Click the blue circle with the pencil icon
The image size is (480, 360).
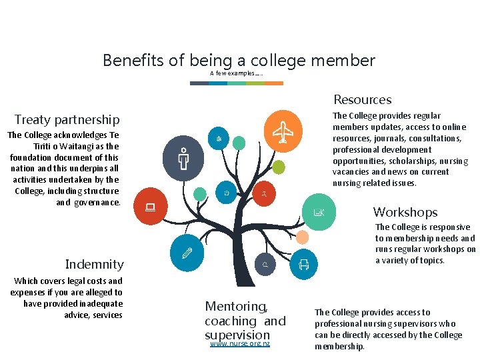[187, 253]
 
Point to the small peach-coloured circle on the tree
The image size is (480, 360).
[302, 237]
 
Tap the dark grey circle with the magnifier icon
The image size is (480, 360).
[265, 265]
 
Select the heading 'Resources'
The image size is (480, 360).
[362, 100]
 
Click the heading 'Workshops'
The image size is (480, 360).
[405, 213]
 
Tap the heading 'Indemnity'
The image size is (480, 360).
[94, 265]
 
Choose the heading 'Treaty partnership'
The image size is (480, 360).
[67, 120]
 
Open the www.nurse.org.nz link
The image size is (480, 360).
[240, 344]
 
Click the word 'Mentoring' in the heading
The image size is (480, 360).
[235, 307]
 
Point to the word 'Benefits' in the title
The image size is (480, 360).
[133, 61]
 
